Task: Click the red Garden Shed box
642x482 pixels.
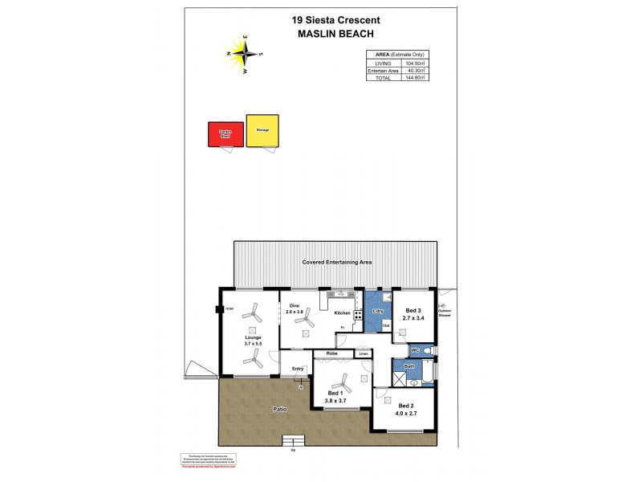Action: tap(225, 134)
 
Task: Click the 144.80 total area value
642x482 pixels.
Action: tap(414, 79)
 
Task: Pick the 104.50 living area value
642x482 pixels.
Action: tap(414, 63)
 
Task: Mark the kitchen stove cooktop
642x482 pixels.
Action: tap(358, 314)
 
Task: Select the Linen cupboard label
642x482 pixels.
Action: tap(363, 353)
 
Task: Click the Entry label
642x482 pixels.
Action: tap(298, 369)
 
